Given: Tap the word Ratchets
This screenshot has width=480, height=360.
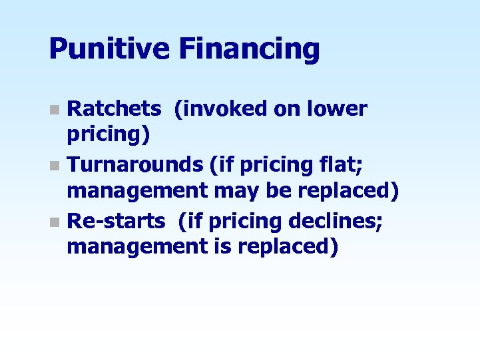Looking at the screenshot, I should [x=115, y=108].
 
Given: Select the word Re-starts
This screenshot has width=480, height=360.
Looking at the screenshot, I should [x=117, y=219].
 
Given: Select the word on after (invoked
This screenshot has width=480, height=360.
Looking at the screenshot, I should [x=288, y=108].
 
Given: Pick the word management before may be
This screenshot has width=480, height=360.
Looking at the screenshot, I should [x=138, y=192].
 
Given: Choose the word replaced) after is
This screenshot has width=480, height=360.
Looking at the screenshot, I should [x=290, y=247].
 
